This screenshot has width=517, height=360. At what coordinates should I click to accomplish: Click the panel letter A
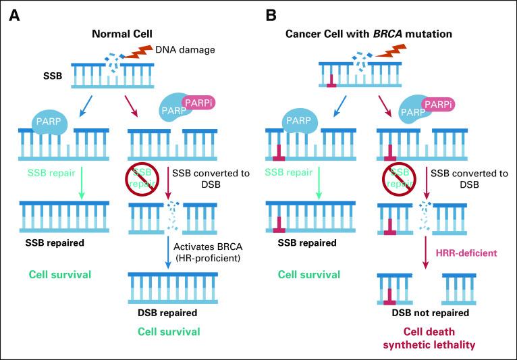pyautogui.click(x=13, y=14)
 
